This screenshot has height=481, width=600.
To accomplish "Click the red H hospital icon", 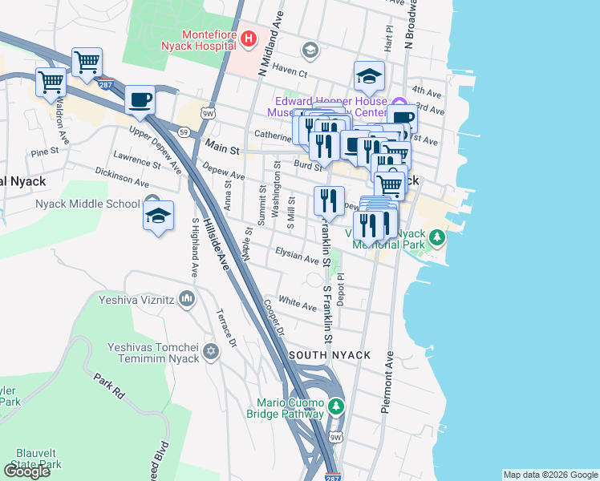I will [x=249, y=38].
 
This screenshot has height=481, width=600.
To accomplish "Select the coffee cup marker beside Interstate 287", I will [x=140, y=99].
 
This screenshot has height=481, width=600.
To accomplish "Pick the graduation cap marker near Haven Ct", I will [x=369, y=76].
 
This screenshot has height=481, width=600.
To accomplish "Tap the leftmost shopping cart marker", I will [x=51, y=82].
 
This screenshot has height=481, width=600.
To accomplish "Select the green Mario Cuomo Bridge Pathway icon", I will [x=335, y=408].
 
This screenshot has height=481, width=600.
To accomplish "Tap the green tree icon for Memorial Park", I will [x=437, y=237].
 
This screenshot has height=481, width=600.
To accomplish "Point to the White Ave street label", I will [x=298, y=305].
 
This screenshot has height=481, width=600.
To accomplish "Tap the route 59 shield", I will [x=184, y=131].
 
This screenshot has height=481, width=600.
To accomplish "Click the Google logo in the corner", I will [x=27, y=471].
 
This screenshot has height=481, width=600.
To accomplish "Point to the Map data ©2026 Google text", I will [x=550, y=475].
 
